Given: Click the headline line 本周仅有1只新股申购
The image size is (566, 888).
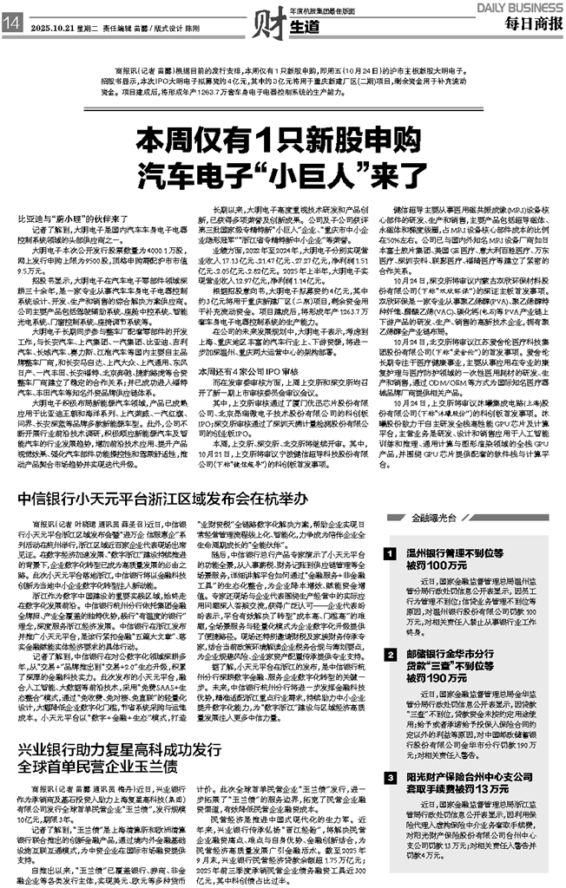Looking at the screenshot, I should pyautogui.click(x=282, y=139).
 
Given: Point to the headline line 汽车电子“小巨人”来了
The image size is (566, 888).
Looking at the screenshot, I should pyautogui.click(x=282, y=167).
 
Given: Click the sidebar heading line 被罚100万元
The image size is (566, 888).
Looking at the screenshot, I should pyautogui.click(x=435, y=565).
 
